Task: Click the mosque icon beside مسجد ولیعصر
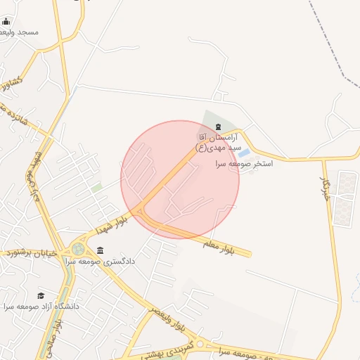point(6,22)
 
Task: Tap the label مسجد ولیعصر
point(21,32)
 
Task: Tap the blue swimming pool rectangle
point(243,153)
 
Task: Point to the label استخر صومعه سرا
point(243,163)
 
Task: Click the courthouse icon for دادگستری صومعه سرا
point(101,251)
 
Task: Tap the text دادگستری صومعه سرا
point(100,262)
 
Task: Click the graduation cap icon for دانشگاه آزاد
point(41,296)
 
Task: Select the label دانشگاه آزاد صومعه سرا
point(41,307)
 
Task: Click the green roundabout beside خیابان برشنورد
point(77,249)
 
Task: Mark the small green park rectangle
point(96,188)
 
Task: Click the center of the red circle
point(180,180)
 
